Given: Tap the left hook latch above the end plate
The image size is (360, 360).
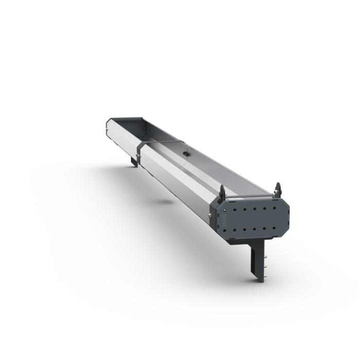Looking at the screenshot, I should (x=222, y=191).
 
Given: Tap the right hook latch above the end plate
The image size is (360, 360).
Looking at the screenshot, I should (x=278, y=188).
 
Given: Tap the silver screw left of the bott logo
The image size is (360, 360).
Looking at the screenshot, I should (x=210, y=216).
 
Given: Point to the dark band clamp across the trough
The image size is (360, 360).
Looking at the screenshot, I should (x=159, y=141).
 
